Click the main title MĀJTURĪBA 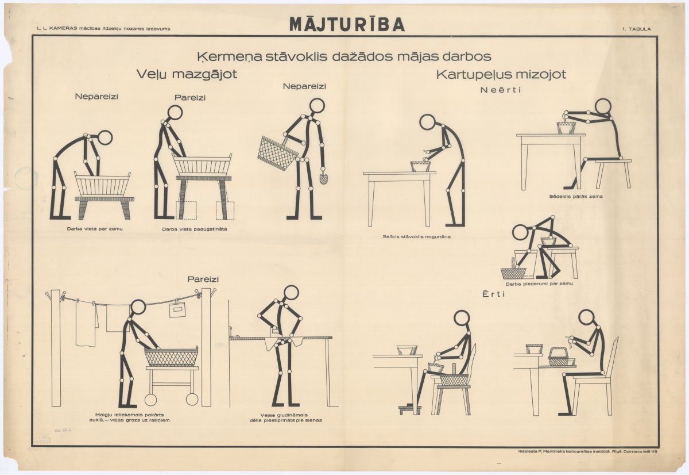[x=347, y=24]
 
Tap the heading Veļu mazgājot [x=187, y=75]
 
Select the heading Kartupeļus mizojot [x=501, y=75]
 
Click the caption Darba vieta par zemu [x=95, y=229]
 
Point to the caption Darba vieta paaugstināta [x=195, y=229]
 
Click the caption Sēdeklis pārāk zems [x=576, y=196]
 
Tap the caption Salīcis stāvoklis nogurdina [x=416, y=236]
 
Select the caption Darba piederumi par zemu [x=539, y=284]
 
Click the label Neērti [x=501, y=90]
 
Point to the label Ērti [x=494, y=294]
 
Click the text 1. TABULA [x=637, y=29]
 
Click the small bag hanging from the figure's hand [x=323, y=178]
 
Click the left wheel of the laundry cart [x=150, y=400]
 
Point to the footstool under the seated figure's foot [x=410, y=409]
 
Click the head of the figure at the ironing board [x=291, y=293]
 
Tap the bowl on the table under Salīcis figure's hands [x=420, y=166]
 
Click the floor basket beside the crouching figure [x=513, y=273]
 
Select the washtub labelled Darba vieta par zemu [x=102, y=184]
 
